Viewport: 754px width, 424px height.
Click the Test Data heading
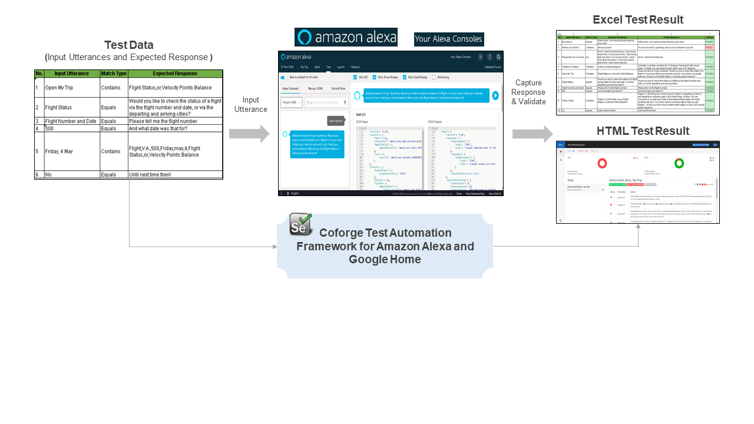pos(128,45)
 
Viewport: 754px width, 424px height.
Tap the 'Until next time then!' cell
pos(175,175)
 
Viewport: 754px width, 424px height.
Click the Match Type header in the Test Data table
pos(114,74)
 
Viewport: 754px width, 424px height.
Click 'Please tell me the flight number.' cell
pos(175,121)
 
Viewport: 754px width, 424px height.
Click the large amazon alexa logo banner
pos(346,37)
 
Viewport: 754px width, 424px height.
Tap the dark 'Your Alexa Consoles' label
pos(449,39)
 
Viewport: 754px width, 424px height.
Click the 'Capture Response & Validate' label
pos(528,92)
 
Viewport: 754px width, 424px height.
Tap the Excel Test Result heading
pos(638,20)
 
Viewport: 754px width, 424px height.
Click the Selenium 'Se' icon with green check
pos(301,225)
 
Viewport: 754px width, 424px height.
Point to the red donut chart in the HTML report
pos(602,163)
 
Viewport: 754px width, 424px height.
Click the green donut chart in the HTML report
pos(679,163)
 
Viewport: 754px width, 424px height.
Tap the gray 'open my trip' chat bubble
pos(336,121)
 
